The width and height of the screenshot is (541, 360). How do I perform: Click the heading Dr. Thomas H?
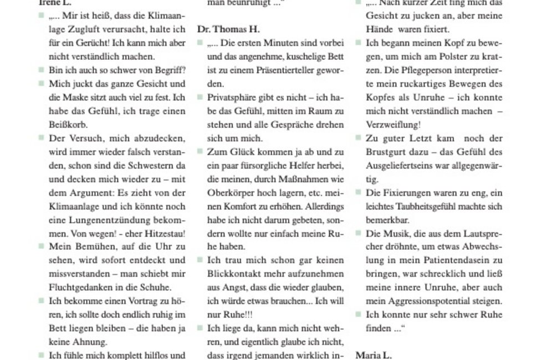[228, 29]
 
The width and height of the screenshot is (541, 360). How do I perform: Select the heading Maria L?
[373, 355]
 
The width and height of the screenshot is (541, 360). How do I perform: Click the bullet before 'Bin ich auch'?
[42, 70]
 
